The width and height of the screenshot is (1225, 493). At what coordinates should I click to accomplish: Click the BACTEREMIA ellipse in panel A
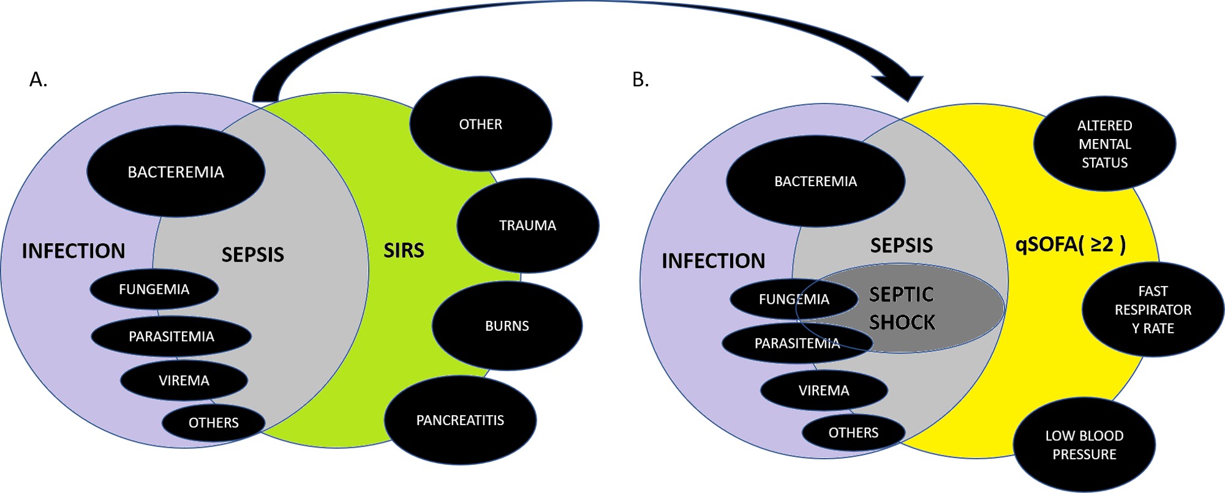[x=176, y=171]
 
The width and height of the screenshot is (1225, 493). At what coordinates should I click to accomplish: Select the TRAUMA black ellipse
[x=527, y=225]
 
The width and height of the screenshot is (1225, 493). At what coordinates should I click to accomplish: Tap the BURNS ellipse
[x=507, y=326]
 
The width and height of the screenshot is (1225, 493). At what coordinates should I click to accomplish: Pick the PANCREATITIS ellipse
[x=460, y=420]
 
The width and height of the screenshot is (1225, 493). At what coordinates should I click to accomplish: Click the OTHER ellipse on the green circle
[x=480, y=124]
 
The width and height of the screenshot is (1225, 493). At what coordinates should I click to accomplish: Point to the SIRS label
[x=404, y=250]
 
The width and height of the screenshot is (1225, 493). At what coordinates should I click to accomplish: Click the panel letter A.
[x=38, y=80]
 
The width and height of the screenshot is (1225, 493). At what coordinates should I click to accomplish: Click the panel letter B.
[x=640, y=80]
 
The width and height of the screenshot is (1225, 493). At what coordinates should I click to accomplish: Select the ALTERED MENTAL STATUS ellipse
[x=1104, y=144]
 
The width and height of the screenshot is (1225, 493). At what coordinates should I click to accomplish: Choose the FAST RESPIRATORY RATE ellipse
[x=1153, y=309]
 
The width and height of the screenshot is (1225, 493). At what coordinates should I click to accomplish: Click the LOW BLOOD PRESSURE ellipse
[x=1084, y=445]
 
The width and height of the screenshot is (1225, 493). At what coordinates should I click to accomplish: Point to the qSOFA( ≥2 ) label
[x=1070, y=244]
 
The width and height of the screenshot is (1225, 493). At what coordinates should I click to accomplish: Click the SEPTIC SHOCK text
[x=902, y=308]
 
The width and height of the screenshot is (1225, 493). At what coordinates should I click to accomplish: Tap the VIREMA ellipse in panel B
[x=824, y=390]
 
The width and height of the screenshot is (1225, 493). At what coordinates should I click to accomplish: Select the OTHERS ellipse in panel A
[x=213, y=423]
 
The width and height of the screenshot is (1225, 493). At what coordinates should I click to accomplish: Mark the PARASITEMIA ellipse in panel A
[x=171, y=336]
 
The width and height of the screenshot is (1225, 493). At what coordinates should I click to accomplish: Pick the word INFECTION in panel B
[x=713, y=261]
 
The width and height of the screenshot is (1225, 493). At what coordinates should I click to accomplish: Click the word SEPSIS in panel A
[x=252, y=254]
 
